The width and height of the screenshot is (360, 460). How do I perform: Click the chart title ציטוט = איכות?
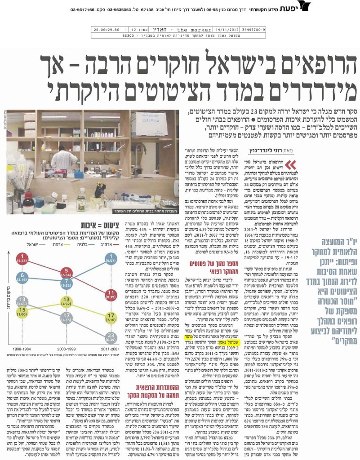tap(99, 225)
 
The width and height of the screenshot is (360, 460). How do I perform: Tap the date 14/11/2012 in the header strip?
tap(225, 30)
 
